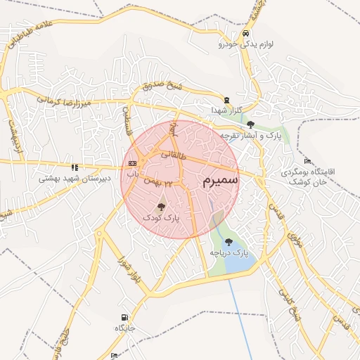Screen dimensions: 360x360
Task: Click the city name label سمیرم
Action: (220, 181)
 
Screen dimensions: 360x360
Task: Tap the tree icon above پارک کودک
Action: (162, 207)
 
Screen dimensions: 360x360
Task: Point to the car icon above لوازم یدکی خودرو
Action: (245, 34)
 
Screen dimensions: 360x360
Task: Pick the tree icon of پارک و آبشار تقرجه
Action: (250, 124)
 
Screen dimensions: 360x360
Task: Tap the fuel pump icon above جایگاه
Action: (124, 318)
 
